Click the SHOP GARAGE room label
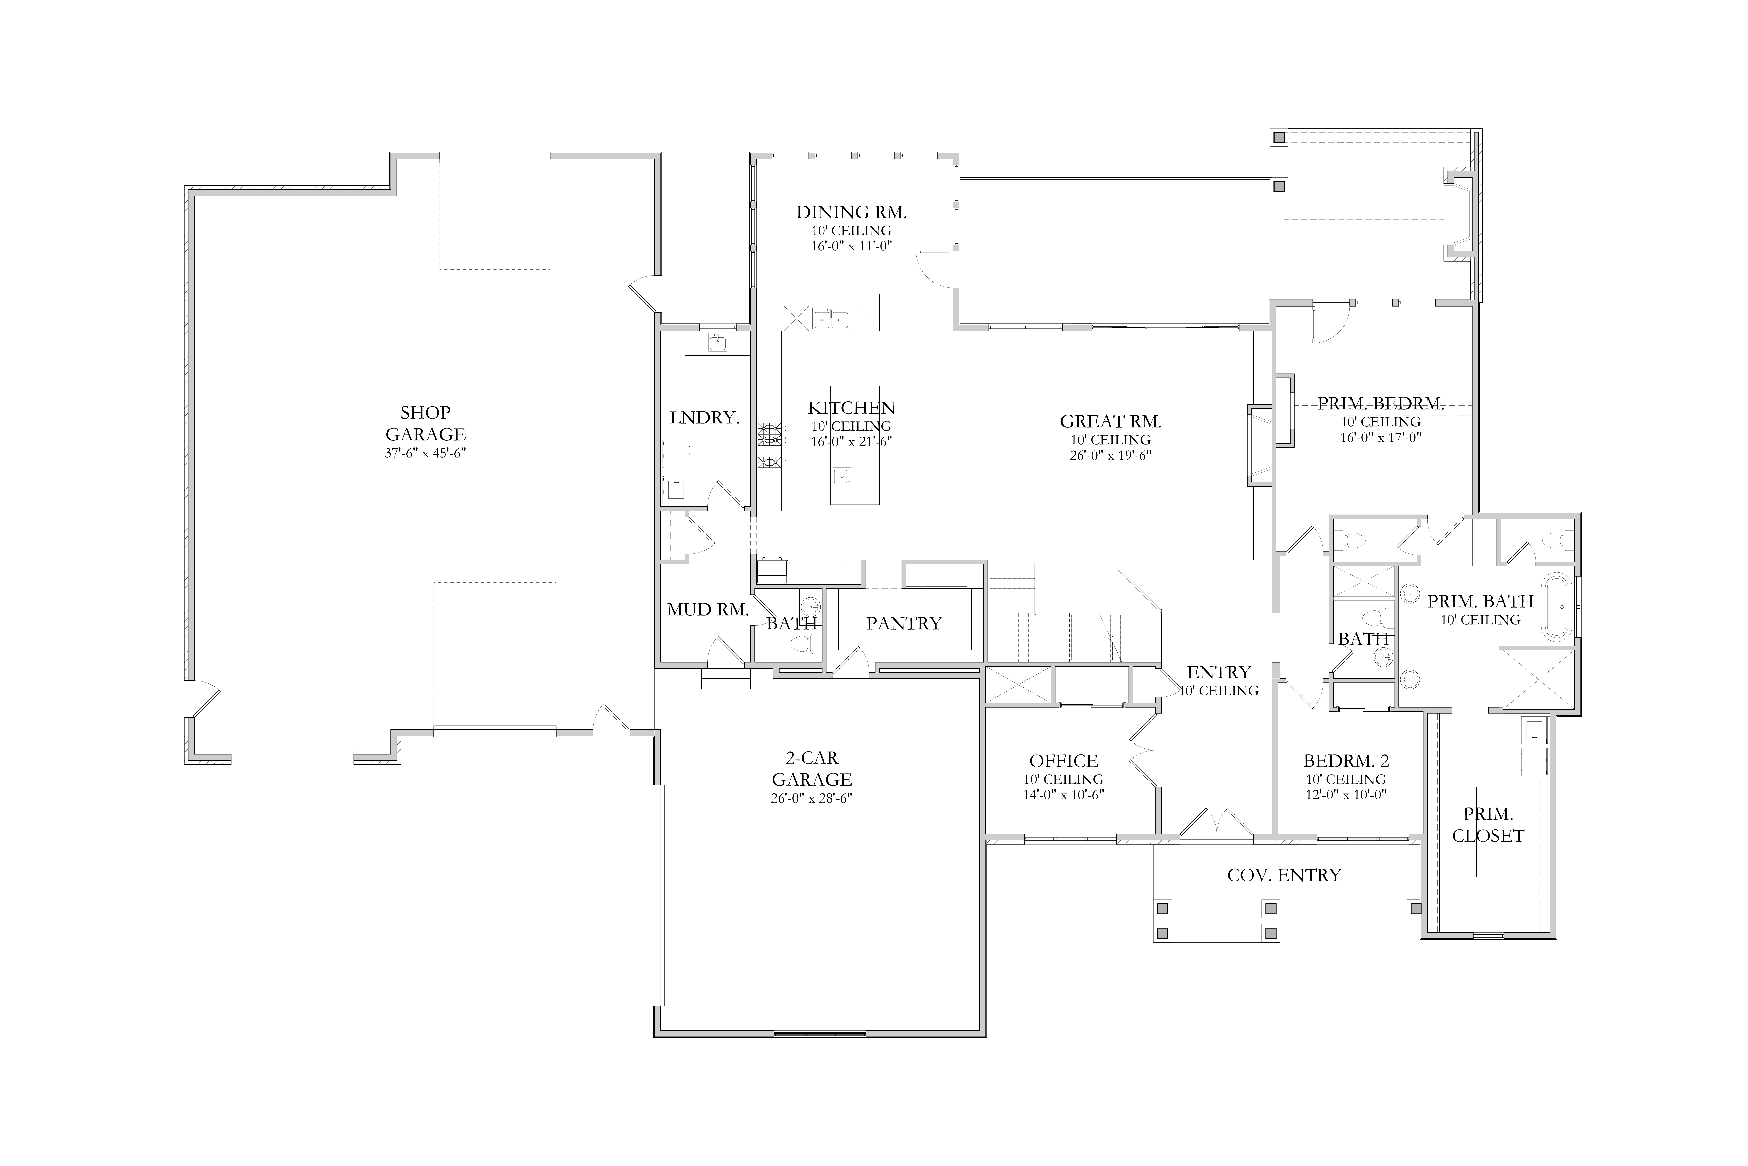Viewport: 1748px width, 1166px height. tap(425, 423)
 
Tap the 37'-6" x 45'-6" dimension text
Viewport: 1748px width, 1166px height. tap(425, 453)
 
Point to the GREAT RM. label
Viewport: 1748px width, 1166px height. tap(1110, 422)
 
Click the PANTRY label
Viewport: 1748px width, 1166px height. tap(904, 623)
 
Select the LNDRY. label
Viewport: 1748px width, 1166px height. tap(705, 418)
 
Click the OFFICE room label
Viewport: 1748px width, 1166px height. tap(1064, 761)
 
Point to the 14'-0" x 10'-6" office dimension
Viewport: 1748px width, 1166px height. tap(1064, 794)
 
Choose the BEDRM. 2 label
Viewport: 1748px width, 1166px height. tap(1346, 761)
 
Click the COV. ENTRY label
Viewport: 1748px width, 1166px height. tap(1284, 875)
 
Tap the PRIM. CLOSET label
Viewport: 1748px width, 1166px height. tap(1488, 825)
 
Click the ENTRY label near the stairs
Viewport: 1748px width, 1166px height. tap(1219, 672)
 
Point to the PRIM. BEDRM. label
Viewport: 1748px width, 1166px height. tap(1381, 404)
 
